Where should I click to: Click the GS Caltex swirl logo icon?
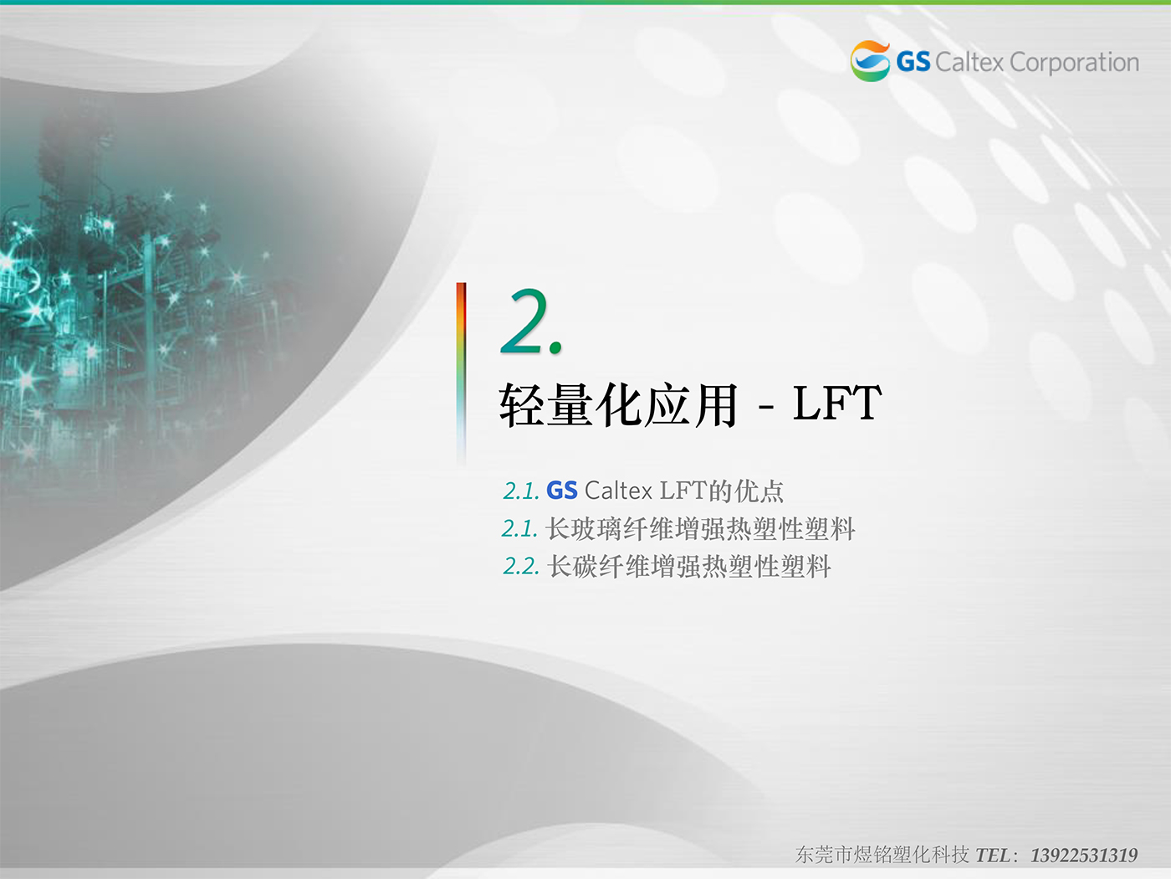(x=870, y=61)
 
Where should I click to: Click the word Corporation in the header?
(x=1074, y=63)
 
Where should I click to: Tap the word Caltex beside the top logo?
(x=969, y=63)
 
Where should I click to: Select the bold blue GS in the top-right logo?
(x=913, y=62)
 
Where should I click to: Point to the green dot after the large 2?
(x=555, y=348)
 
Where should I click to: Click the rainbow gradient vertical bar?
(x=461, y=373)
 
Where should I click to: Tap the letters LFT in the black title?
(x=836, y=403)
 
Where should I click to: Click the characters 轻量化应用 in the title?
(x=619, y=404)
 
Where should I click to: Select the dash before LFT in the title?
(x=765, y=407)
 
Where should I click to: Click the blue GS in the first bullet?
(x=562, y=491)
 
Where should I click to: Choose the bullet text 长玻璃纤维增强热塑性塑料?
(x=700, y=529)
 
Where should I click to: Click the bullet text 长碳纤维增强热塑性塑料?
(x=688, y=566)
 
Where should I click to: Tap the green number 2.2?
(x=521, y=567)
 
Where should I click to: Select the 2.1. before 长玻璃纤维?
(x=519, y=529)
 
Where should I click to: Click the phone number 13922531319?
(x=1083, y=856)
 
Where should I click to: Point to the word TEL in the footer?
(x=992, y=856)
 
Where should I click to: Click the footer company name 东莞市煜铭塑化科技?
(x=882, y=855)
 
